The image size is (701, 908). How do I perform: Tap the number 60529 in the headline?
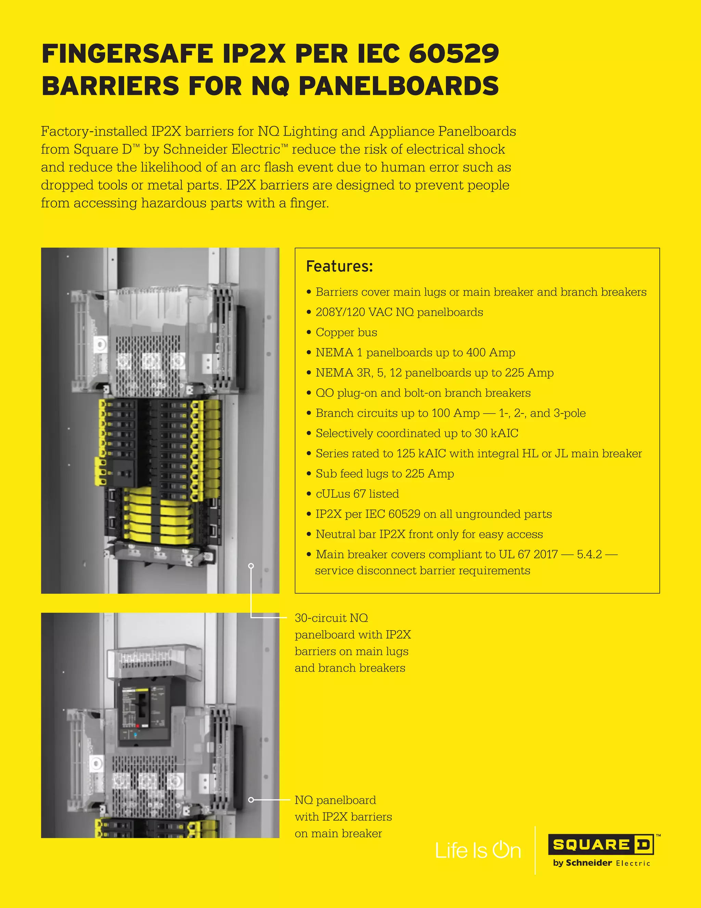(454, 54)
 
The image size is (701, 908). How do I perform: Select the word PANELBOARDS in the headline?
(398, 86)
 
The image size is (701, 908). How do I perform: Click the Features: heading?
(340, 266)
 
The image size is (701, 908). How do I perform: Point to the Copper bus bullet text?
(346, 333)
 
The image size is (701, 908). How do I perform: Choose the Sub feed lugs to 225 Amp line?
(384, 474)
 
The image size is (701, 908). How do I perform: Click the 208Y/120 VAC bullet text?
(399, 312)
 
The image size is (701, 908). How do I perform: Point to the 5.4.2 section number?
(589, 555)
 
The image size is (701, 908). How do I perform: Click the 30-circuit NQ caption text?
(331, 618)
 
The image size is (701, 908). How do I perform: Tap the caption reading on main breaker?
(338, 834)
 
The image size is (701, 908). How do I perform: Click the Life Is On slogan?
(478, 850)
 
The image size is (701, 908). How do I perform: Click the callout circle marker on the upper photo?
(251, 565)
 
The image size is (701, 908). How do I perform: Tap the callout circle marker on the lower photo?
(251, 800)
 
